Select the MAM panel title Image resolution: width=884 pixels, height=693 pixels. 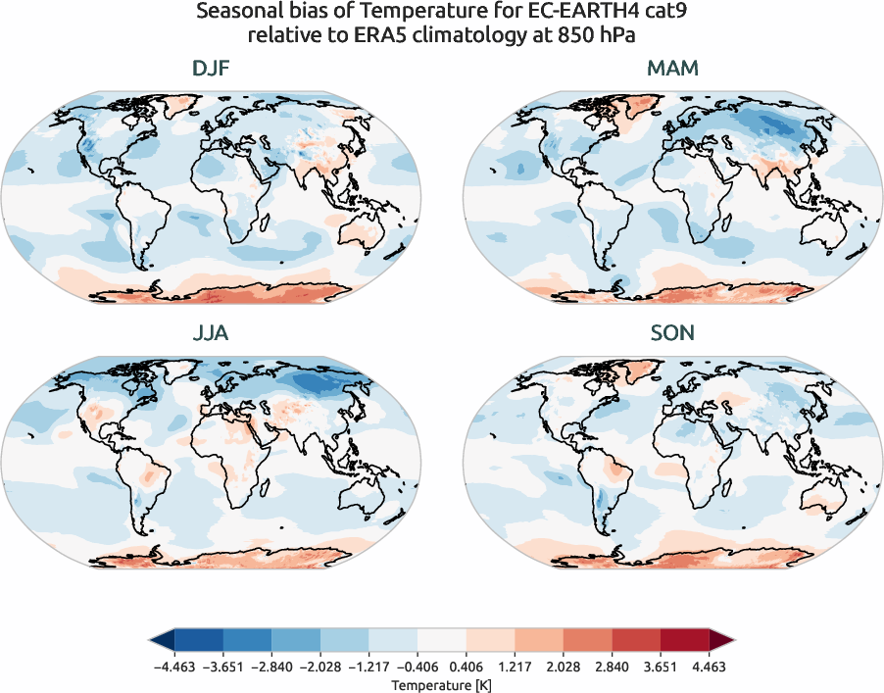click(x=672, y=68)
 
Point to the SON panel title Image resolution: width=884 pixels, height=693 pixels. click(x=672, y=332)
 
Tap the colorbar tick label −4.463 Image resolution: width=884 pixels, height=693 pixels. click(x=174, y=666)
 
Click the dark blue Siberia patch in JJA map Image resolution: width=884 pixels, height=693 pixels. click(x=319, y=381)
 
